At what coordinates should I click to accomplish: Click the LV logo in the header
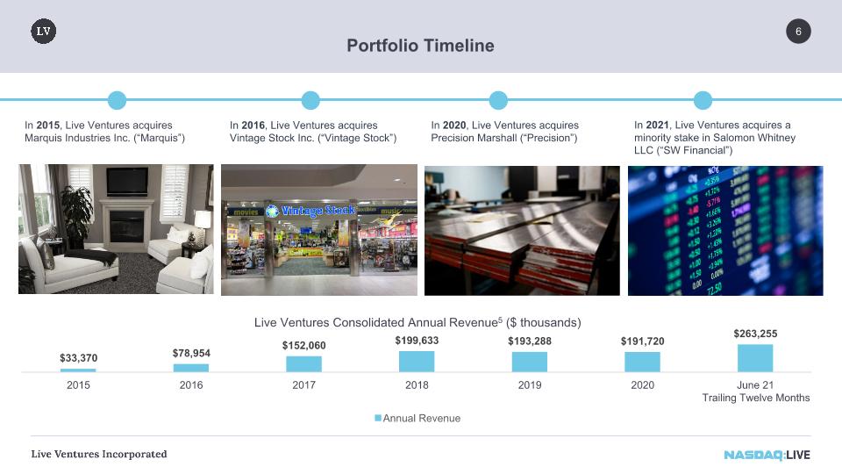(44, 32)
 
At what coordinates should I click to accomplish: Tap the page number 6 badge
(798, 32)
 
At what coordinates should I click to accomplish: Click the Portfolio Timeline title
(420, 46)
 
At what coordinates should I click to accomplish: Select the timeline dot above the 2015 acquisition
(117, 100)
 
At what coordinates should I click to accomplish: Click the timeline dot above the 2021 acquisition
(703, 100)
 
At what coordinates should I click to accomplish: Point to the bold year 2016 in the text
(253, 126)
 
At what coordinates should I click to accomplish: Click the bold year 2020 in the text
(454, 126)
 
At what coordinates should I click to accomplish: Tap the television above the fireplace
(127, 181)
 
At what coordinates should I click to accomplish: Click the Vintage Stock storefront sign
(310, 211)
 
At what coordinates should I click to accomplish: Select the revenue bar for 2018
(417, 361)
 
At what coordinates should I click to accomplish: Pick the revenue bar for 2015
(78, 370)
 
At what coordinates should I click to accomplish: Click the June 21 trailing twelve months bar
(755, 358)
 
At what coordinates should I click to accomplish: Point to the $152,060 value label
(304, 346)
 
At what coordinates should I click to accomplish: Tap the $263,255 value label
(755, 334)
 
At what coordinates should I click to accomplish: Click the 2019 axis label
(530, 385)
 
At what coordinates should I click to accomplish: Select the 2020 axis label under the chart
(642, 385)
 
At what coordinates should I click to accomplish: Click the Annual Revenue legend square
(378, 418)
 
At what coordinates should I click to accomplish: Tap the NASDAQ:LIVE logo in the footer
(767, 455)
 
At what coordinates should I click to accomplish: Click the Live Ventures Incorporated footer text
(99, 454)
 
